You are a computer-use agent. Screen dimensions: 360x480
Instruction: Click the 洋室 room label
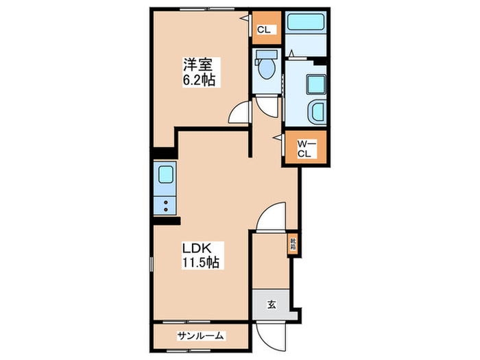point(197,66)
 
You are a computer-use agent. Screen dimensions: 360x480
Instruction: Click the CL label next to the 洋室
point(264,29)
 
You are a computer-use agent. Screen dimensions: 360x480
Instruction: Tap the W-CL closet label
point(305,148)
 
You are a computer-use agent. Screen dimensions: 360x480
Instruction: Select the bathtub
point(307,23)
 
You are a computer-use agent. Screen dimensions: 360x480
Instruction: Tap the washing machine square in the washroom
point(316,85)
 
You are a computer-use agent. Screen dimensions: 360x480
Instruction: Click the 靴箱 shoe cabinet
point(293,243)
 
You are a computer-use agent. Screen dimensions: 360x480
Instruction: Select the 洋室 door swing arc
point(240,112)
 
